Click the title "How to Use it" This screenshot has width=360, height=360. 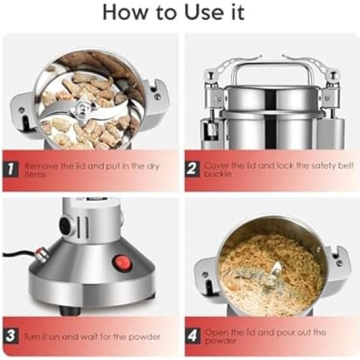(x=173, y=12)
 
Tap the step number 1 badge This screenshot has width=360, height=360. (x=11, y=170)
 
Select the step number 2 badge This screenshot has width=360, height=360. (x=193, y=169)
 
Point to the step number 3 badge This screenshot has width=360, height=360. (x=11, y=336)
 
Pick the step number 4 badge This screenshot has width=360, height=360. (x=193, y=336)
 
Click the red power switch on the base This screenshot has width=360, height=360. (x=122, y=263)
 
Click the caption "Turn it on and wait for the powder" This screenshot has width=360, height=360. (x=92, y=337)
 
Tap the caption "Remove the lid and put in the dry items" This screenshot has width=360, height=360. (x=92, y=170)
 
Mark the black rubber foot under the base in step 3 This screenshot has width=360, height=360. (x=70, y=310)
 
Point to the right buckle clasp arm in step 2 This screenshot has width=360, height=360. (x=305, y=64)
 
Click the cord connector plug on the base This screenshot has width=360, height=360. (x=43, y=254)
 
